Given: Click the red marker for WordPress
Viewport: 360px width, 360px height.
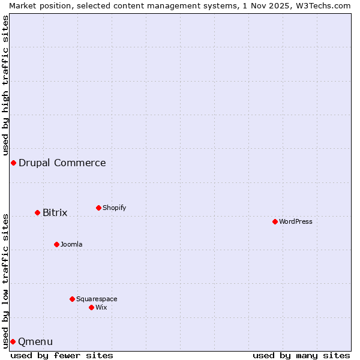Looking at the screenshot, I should click(275, 221).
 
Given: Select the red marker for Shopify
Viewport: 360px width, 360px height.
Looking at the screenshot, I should click(98, 208).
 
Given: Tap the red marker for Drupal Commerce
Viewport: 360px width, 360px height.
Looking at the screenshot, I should click(13, 163).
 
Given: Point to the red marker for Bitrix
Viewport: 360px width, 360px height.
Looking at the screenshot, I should click(37, 212).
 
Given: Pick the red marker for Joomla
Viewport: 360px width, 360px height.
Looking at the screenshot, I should click(56, 244).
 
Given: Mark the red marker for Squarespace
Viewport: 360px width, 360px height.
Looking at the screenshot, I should click(72, 299).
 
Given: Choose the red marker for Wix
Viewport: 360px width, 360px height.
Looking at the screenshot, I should click(91, 307).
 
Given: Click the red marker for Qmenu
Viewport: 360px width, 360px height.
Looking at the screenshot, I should click(13, 341).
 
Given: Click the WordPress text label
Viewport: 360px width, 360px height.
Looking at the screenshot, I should click(296, 221).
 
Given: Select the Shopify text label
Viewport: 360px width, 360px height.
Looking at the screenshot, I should click(114, 208).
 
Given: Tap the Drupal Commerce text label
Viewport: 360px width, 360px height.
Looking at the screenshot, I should click(62, 163).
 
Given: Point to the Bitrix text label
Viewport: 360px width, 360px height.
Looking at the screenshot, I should click(55, 212).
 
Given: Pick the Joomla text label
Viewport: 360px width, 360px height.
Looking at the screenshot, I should click(71, 244).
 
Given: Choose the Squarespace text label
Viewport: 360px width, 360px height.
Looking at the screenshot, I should click(97, 299).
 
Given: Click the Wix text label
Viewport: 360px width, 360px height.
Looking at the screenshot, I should click(101, 307).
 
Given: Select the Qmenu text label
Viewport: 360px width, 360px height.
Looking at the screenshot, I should click(35, 341).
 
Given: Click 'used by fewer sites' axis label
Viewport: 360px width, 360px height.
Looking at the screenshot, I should click(62, 355).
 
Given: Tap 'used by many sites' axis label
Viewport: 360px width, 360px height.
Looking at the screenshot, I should click(301, 355).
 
